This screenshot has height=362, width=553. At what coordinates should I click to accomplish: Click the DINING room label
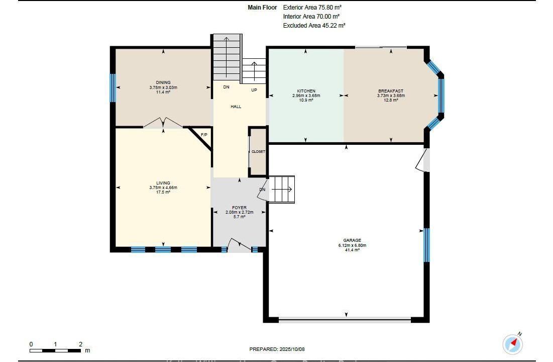pyautogui.click(x=163, y=82)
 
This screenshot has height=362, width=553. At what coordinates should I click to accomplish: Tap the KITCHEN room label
pyautogui.click(x=306, y=91)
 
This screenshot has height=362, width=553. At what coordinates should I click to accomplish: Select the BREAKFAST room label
pyautogui.click(x=391, y=91)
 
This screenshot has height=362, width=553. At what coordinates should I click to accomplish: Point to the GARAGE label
pyautogui.click(x=352, y=240)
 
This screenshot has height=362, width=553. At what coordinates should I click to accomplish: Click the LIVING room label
pyautogui.click(x=163, y=183)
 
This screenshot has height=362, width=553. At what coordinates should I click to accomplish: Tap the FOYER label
pyautogui.click(x=240, y=208)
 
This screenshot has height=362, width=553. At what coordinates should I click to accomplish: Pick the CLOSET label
pyautogui.click(x=258, y=151)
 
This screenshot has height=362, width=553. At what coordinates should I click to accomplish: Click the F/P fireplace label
pyautogui.click(x=204, y=135)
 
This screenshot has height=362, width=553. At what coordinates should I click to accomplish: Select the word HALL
pyautogui.click(x=236, y=106)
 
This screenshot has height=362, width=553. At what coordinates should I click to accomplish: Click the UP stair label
pyautogui.click(x=254, y=90)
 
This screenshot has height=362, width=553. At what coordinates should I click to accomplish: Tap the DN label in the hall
pyautogui.click(x=227, y=87)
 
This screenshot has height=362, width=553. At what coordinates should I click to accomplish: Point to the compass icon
pyautogui.click(x=513, y=343)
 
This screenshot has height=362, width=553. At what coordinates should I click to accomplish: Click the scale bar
pyautogui.click(x=55, y=351)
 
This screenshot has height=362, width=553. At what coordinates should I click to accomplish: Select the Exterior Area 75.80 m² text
pyautogui.click(x=312, y=7)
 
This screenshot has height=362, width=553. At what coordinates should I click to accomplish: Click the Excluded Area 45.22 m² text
pyautogui.click(x=314, y=26)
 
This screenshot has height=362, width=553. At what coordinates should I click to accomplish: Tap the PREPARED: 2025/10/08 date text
pyautogui.click(x=277, y=349)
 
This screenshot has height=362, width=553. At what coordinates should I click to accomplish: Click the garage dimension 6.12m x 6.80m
pyautogui.click(x=352, y=245)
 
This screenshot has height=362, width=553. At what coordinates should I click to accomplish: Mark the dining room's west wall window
pyautogui.click(x=113, y=87)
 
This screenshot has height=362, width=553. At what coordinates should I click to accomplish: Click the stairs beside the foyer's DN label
pyautogui.click(x=282, y=190)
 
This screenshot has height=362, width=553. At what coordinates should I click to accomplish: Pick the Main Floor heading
pyautogui.click(x=262, y=7)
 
